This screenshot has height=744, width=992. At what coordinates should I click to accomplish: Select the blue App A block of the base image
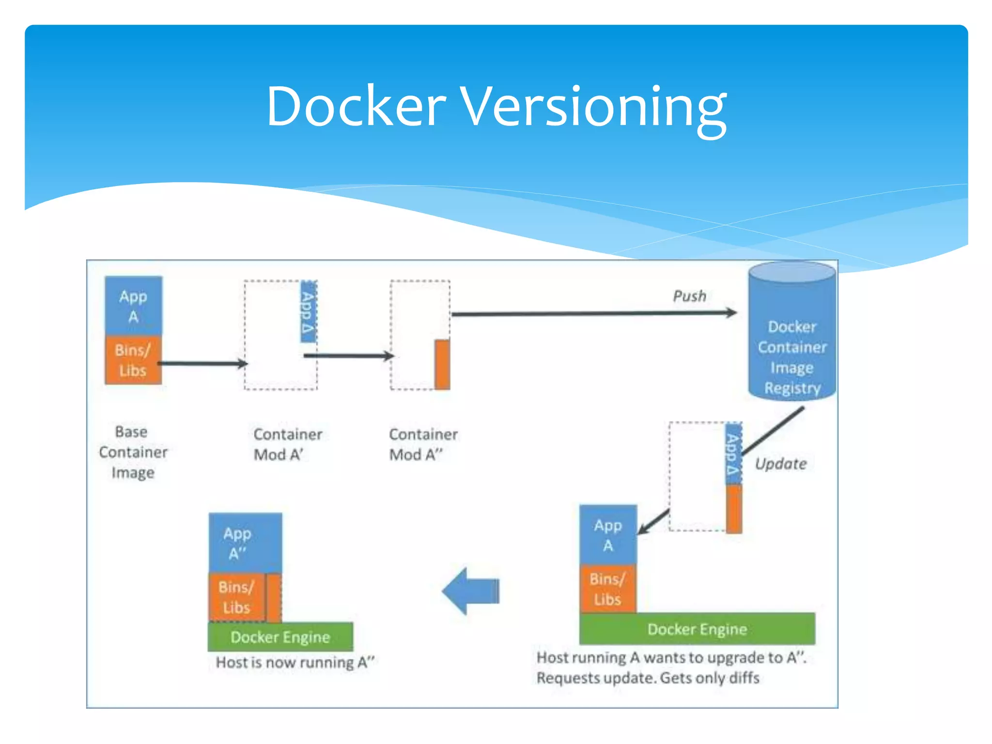point(133,306)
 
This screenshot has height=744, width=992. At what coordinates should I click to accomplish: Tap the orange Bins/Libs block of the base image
point(133,360)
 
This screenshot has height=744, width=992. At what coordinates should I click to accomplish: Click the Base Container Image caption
point(133,452)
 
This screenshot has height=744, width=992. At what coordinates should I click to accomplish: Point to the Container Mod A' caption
point(287,444)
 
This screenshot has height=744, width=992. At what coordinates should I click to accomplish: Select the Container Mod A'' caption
point(423,444)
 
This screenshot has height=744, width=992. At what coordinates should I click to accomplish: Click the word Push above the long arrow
point(689,296)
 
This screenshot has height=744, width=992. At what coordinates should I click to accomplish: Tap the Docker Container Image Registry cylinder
point(792,339)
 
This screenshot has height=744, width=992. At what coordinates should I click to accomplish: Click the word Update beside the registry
point(780,464)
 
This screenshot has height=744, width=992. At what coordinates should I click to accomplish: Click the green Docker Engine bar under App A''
point(280,636)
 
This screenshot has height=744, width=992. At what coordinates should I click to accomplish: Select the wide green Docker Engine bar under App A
point(697,629)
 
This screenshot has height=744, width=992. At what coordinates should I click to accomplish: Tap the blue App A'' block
point(245,542)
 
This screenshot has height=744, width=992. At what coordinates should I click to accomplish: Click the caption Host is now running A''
point(295,662)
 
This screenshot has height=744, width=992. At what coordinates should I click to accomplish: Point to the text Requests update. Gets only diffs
point(647,678)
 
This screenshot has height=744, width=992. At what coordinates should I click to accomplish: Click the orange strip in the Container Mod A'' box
point(442,364)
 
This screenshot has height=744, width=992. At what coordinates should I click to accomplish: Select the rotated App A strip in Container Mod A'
point(308,311)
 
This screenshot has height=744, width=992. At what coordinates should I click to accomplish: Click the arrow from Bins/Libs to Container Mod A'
point(203,363)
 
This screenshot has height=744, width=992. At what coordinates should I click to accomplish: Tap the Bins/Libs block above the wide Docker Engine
point(607,589)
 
